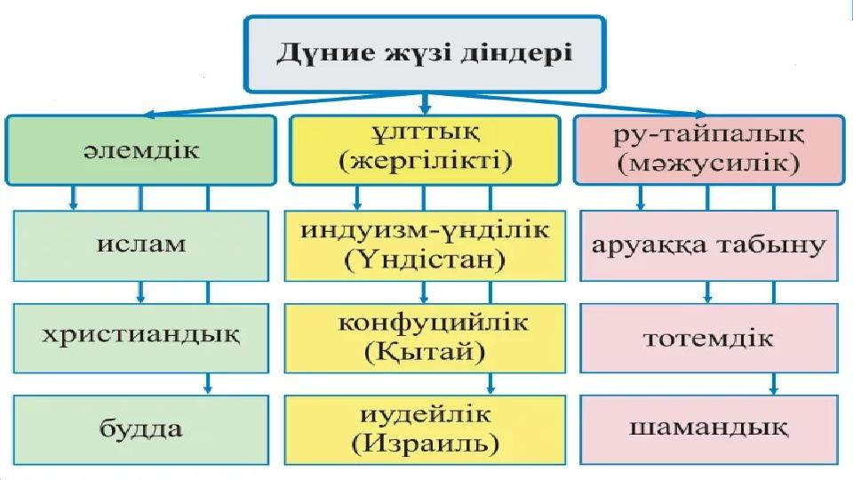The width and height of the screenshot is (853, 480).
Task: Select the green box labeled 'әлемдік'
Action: pyautogui.click(x=140, y=148)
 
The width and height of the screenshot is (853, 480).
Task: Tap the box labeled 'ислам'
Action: pyautogui.click(x=140, y=243)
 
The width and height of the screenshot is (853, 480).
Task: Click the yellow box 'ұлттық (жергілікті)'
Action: pyautogui.click(x=425, y=148)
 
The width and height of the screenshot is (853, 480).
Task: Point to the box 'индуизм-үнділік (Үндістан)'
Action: pyautogui.click(x=425, y=244)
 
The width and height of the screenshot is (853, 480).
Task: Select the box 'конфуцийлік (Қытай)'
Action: pyautogui.click(x=425, y=337)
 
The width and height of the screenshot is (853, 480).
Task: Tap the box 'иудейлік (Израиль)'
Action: pyautogui.click(x=425, y=429)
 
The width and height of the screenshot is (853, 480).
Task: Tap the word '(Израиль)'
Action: pyautogui.click(x=425, y=444)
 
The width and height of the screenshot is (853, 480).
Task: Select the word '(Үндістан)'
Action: pyautogui.click(x=425, y=260)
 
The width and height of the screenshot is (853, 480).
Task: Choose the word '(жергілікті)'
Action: pyautogui.click(x=425, y=164)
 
